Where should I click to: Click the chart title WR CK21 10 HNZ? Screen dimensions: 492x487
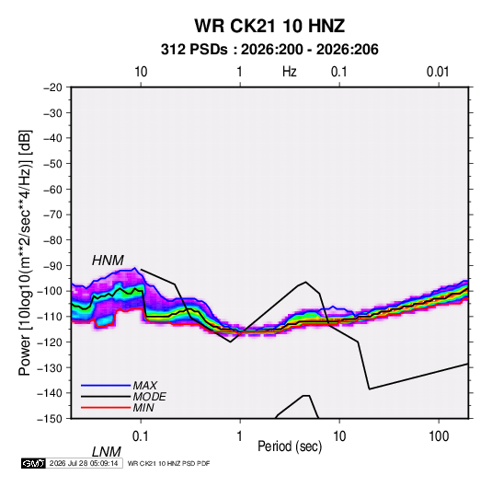click(269, 26)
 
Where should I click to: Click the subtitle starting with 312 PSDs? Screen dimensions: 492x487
click(269, 50)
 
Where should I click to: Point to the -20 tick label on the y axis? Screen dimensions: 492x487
click(52, 87)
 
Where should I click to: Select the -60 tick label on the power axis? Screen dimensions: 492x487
click(52, 189)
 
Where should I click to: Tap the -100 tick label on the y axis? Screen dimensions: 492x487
click(51, 291)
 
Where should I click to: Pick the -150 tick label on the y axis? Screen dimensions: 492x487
click(51, 419)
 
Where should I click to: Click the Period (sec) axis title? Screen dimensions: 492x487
click(290, 446)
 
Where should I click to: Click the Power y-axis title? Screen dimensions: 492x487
click(25, 253)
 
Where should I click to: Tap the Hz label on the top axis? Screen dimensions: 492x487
click(290, 72)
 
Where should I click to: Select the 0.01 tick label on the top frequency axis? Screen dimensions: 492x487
click(438, 72)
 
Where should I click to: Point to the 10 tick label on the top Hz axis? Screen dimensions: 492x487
click(141, 72)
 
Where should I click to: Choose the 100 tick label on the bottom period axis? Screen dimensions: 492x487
click(439, 436)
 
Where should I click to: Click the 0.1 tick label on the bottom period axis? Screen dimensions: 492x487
click(141, 436)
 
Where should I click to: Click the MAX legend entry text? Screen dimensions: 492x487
click(145, 386)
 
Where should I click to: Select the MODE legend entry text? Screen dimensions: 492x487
click(149, 397)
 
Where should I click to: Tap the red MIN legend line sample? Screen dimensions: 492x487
click(106, 408)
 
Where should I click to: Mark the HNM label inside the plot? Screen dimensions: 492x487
click(108, 261)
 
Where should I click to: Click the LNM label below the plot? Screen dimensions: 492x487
click(107, 452)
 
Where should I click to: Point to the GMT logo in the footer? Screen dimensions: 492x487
click(34, 463)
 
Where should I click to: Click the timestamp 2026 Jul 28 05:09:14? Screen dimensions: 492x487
click(84, 463)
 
